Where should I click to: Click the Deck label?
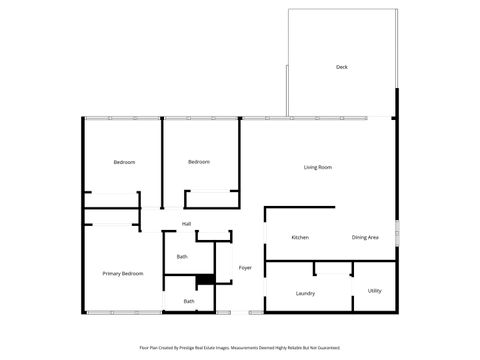[x=341, y=67]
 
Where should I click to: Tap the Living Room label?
[x=318, y=167]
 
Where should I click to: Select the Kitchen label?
[x=299, y=237]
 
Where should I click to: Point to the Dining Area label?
[x=365, y=237]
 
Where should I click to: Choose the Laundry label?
[x=306, y=293]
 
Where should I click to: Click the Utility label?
[x=374, y=290]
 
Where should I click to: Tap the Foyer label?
[x=245, y=268]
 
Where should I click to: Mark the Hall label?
[x=186, y=223]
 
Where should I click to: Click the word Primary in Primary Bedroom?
[x=111, y=273]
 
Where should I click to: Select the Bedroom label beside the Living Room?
[x=199, y=161]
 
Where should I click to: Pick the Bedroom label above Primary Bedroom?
[x=124, y=161]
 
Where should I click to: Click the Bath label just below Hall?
[x=182, y=257]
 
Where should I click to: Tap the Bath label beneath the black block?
[x=189, y=301]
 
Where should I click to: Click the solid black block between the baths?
[x=205, y=280]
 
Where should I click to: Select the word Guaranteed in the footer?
[x=326, y=348]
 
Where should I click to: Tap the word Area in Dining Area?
[x=373, y=237]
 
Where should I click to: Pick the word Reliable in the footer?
[x=298, y=348]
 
